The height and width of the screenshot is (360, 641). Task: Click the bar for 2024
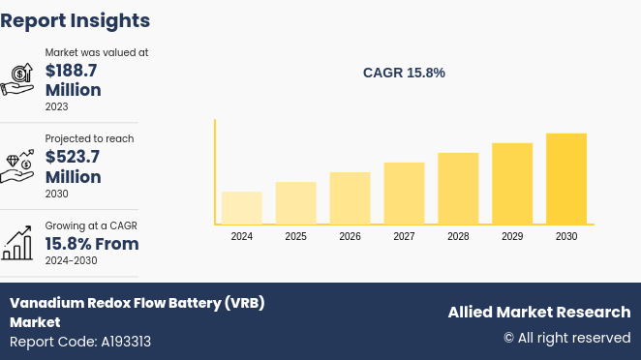(x=241, y=208)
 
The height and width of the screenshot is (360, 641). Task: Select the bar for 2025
(x=295, y=203)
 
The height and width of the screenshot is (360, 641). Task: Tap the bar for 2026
(x=350, y=198)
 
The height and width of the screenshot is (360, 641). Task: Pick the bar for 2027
(x=404, y=194)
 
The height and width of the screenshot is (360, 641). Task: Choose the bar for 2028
(x=458, y=189)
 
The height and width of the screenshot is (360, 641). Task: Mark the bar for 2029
(x=512, y=184)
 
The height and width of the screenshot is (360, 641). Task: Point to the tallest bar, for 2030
(x=566, y=179)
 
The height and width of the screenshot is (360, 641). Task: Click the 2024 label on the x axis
(x=241, y=236)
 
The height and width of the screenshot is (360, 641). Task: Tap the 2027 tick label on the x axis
(x=404, y=236)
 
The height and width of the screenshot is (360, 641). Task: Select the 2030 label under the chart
(x=566, y=236)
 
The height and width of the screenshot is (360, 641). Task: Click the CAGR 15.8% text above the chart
(x=404, y=73)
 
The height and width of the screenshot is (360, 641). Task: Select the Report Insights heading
(x=76, y=20)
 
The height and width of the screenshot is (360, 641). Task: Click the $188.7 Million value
(x=73, y=80)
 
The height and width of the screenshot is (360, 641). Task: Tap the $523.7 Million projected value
(x=73, y=166)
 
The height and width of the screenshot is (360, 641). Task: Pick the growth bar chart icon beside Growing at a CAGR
(x=17, y=243)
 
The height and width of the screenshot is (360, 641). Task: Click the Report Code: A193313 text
(x=80, y=342)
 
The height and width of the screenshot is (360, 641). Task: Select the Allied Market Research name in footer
(x=538, y=312)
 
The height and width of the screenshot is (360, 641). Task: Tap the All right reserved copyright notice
(x=566, y=338)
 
